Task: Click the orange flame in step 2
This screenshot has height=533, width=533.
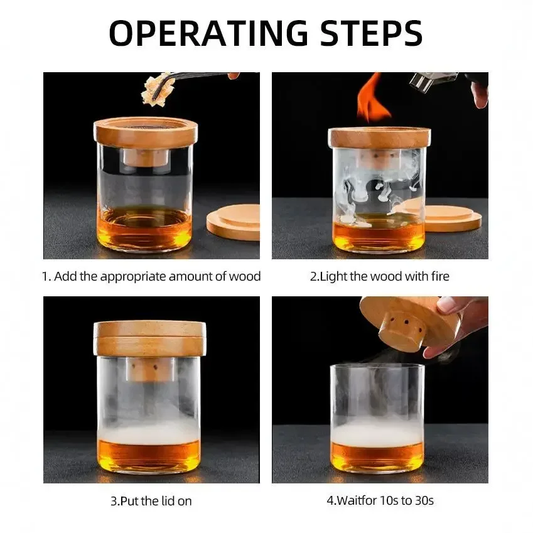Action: (372, 100)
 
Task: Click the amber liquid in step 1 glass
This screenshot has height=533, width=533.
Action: (146, 229)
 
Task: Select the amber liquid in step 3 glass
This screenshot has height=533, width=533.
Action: (149, 455)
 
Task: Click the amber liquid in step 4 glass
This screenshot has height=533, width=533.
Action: (377, 456)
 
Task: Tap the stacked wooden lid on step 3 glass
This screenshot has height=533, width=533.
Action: (149, 338)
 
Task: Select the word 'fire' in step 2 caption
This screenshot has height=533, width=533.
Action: (439, 276)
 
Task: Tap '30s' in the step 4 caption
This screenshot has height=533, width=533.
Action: (423, 501)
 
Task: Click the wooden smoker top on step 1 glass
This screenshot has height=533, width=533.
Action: (146, 132)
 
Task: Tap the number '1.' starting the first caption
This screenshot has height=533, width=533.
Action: (46, 276)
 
